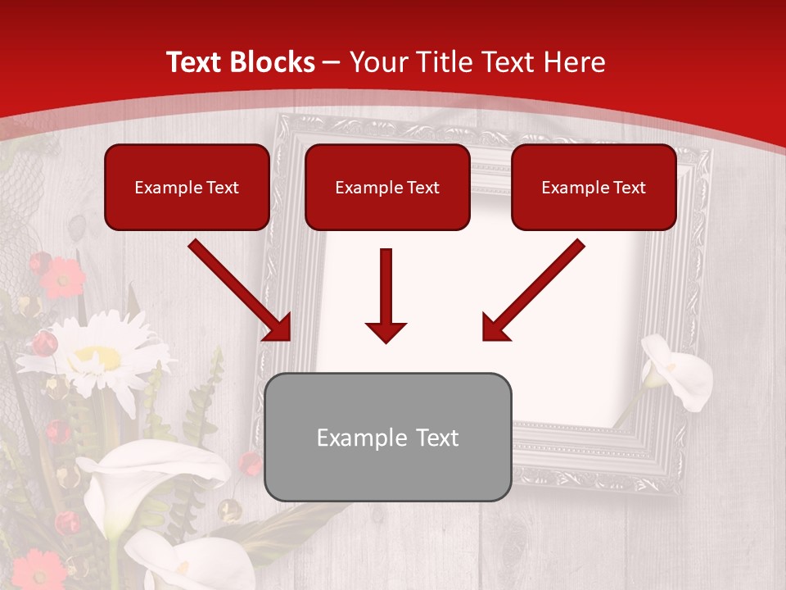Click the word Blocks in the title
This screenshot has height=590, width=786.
[x=273, y=62]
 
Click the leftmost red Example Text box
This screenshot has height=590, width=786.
[x=187, y=187]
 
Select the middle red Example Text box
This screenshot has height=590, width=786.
[x=387, y=187]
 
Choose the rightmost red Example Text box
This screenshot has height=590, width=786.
[x=594, y=187]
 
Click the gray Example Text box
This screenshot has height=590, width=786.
[x=388, y=437]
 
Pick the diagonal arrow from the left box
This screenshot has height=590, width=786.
[x=241, y=290]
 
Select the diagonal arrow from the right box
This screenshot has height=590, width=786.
[x=532, y=290]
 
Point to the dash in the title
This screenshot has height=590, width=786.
[x=332, y=62]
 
